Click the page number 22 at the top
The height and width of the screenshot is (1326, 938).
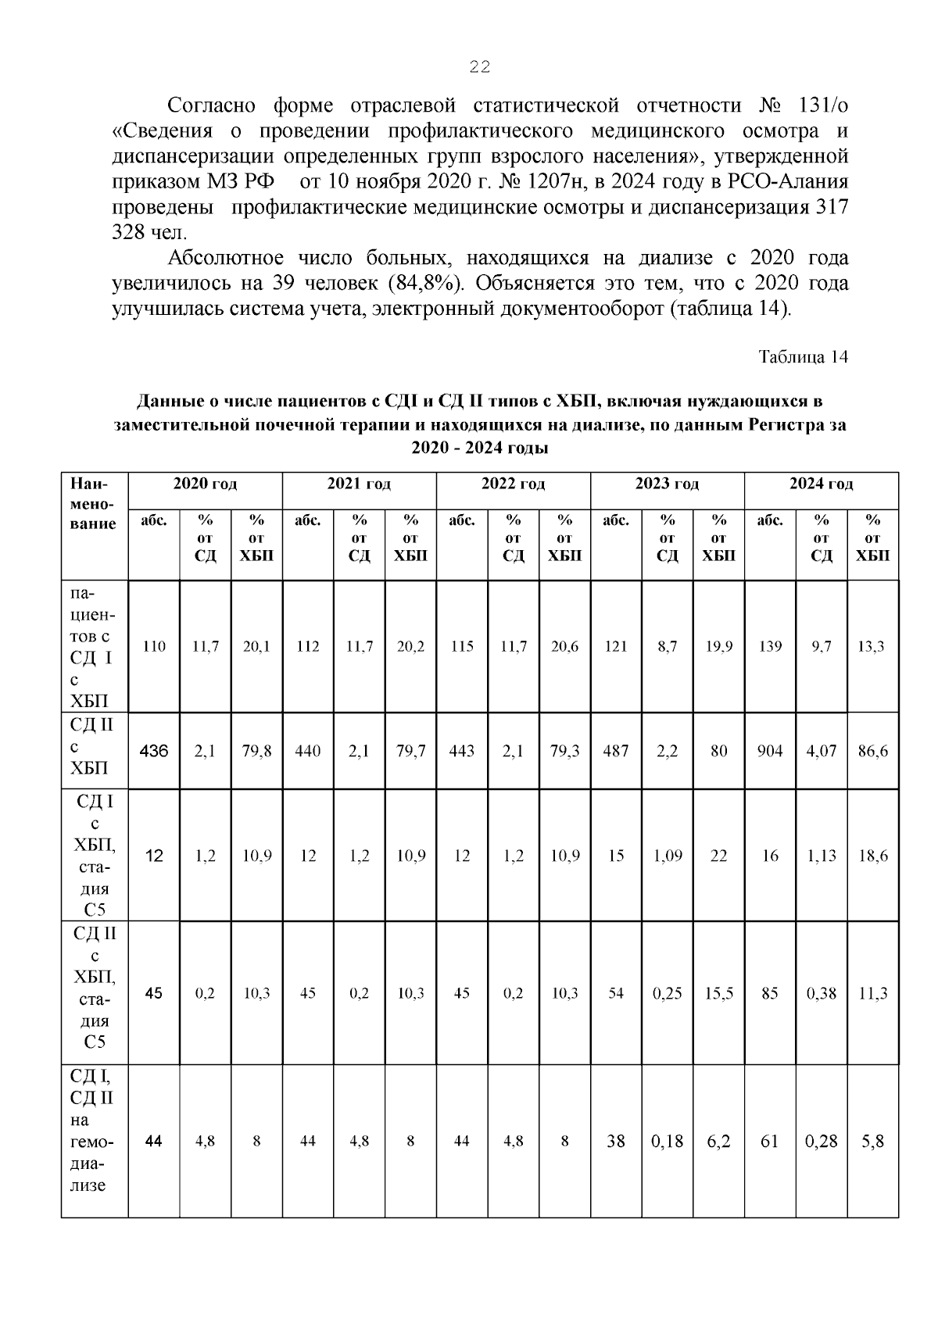click(x=479, y=68)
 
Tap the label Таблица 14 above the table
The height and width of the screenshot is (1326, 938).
click(x=803, y=357)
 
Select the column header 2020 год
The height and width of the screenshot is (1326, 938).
click(x=205, y=484)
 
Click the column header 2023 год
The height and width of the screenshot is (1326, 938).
click(x=667, y=484)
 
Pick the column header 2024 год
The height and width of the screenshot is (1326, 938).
click(x=821, y=484)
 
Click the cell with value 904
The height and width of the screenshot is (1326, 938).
click(x=770, y=752)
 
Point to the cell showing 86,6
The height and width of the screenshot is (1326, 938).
click(x=872, y=752)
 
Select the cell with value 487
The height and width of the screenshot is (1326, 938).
click(x=616, y=752)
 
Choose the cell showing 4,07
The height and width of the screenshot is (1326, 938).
click(x=822, y=752)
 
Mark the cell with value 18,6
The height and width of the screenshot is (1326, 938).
click(x=872, y=856)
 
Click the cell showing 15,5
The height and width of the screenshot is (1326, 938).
click(x=718, y=994)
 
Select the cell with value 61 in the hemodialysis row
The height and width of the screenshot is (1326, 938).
click(x=770, y=1142)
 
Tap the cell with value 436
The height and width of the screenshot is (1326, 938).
click(x=154, y=752)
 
